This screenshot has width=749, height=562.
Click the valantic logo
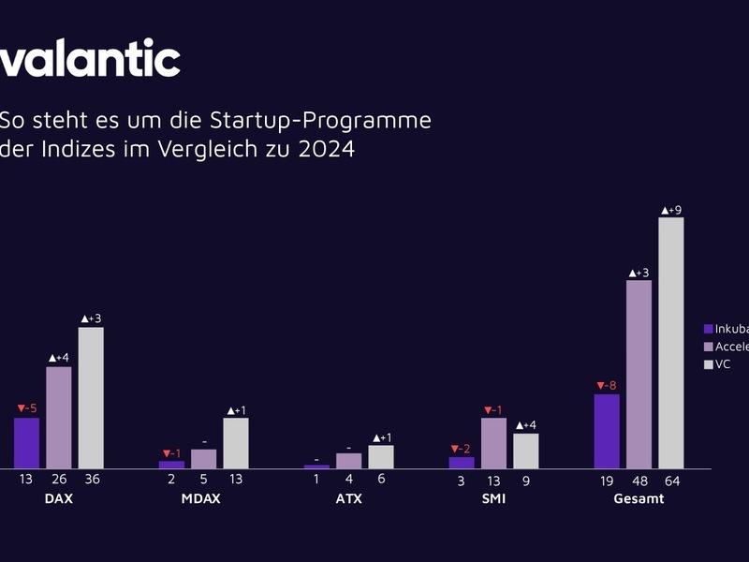coord(90,59)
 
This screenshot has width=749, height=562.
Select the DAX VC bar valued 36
coord(91,397)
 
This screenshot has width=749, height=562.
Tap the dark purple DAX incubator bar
coord(26,442)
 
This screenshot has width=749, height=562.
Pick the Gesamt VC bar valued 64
coord(671,343)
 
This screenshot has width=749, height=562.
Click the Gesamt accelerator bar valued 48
coord(639,374)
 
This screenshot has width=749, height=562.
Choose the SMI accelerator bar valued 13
coord(493,442)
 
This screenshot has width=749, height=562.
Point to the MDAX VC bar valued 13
coord(236,442)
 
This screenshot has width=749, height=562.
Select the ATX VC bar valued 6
coord(381,456)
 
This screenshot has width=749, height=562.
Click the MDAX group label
coord(200,498)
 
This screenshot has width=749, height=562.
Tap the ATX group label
coord(348,498)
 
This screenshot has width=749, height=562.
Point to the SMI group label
coord(493,498)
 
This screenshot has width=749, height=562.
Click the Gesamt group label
coord(639,498)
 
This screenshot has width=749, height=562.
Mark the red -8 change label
coord(606,385)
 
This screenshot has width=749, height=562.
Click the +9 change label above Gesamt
coord(671,210)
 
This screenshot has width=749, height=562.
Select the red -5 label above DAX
coord(26,408)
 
